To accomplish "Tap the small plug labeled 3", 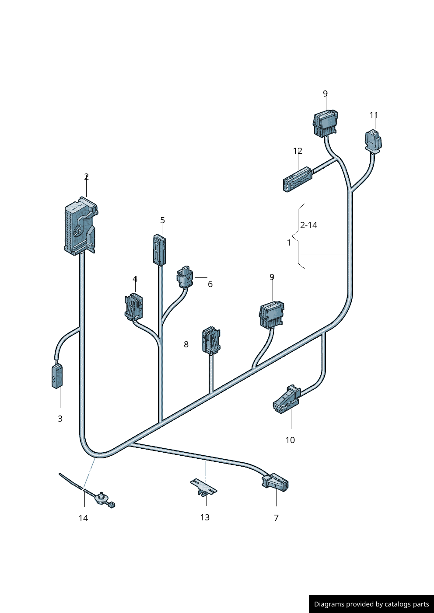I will point(56,375).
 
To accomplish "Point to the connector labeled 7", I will point(275,482).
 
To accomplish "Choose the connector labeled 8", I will point(210,340).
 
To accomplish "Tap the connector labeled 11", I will point(373,141).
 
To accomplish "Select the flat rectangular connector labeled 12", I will point(297,179).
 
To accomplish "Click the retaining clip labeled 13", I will point(203,486).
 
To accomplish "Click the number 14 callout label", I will point(83,518).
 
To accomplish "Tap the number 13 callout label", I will point(205,517).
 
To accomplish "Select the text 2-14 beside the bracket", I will point(308,225).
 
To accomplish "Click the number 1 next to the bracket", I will point(289,242).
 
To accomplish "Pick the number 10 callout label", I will point(290,440).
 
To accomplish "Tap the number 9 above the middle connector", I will point(272,277).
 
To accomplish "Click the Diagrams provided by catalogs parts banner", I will point(371,604).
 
